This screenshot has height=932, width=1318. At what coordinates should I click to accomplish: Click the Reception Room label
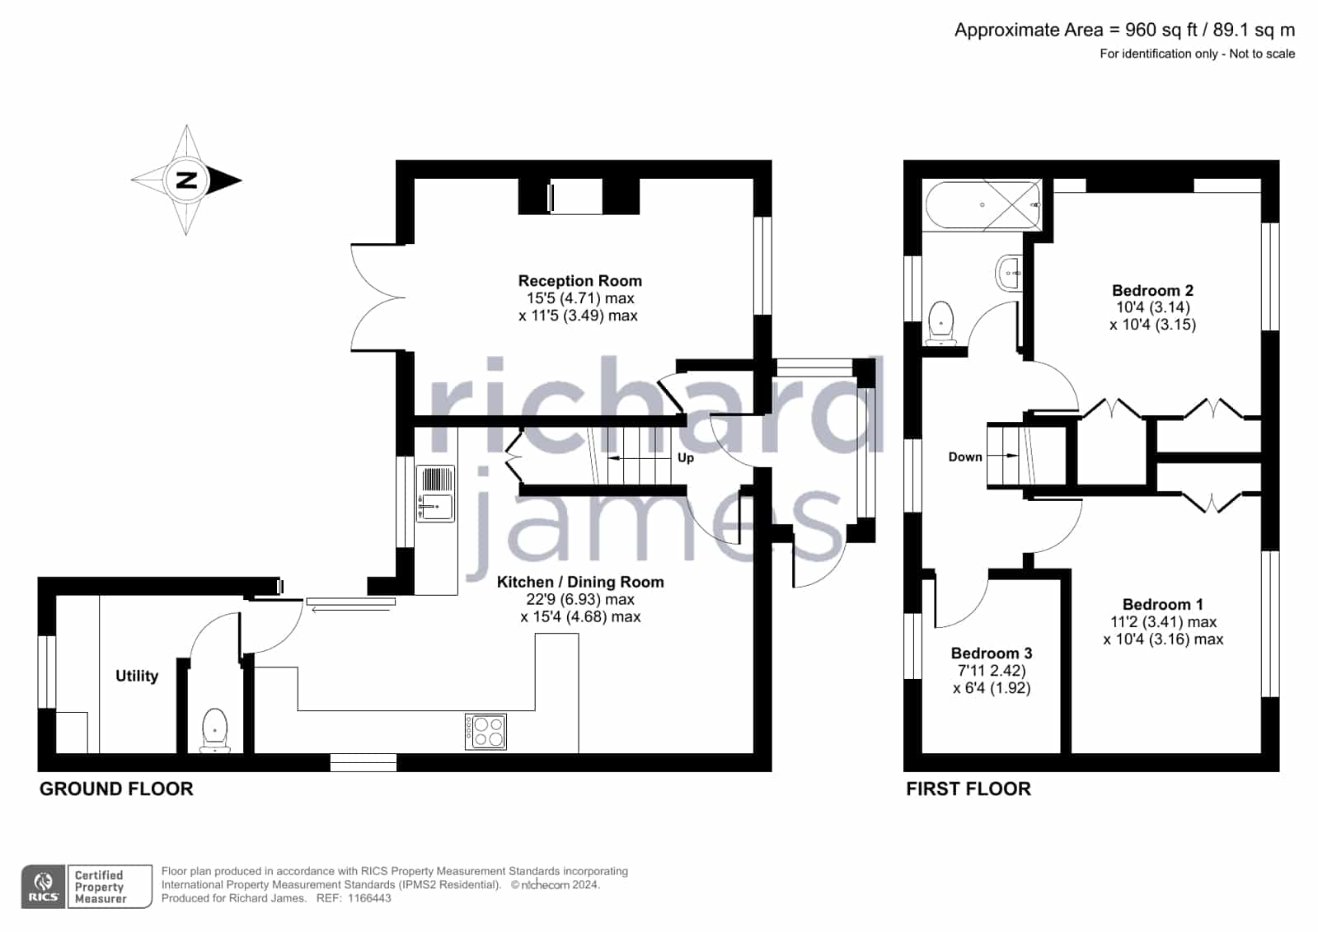pos(579,281)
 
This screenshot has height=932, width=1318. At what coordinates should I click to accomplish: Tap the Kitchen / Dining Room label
pos(580,582)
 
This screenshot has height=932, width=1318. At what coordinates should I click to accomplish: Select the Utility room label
pos(137,676)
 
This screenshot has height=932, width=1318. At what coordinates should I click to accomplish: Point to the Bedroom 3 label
pos(992,653)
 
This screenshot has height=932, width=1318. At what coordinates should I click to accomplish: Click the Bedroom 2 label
pos(1152,290)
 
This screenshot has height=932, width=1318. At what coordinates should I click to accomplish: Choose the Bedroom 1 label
pos(1163,604)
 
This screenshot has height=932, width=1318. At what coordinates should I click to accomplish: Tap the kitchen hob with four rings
pos(485,732)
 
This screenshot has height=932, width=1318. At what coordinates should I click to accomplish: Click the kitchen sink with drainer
pos(435,494)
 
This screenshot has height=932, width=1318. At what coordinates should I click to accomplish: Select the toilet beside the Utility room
pos(214,730)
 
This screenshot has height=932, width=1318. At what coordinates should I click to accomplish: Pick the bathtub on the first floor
pos(982,204)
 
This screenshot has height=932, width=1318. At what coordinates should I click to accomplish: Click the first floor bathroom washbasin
pos(1009,273)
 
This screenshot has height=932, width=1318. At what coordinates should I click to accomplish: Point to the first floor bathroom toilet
pos(940,323)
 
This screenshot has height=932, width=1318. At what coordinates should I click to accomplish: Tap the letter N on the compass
pos(186,180)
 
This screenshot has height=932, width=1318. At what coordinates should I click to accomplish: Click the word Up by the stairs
pos(686,458)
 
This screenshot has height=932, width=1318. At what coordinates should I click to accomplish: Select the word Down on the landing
pos(965,457)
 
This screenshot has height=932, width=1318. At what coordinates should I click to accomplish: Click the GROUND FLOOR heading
pos(116,789)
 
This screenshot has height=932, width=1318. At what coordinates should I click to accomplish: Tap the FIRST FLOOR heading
pos(968,789)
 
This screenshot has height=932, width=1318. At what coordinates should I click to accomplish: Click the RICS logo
pos(44,887)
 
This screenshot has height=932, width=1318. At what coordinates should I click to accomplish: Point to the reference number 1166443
pos(369,898)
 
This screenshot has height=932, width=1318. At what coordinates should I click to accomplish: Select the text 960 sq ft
pos(1161,30)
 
